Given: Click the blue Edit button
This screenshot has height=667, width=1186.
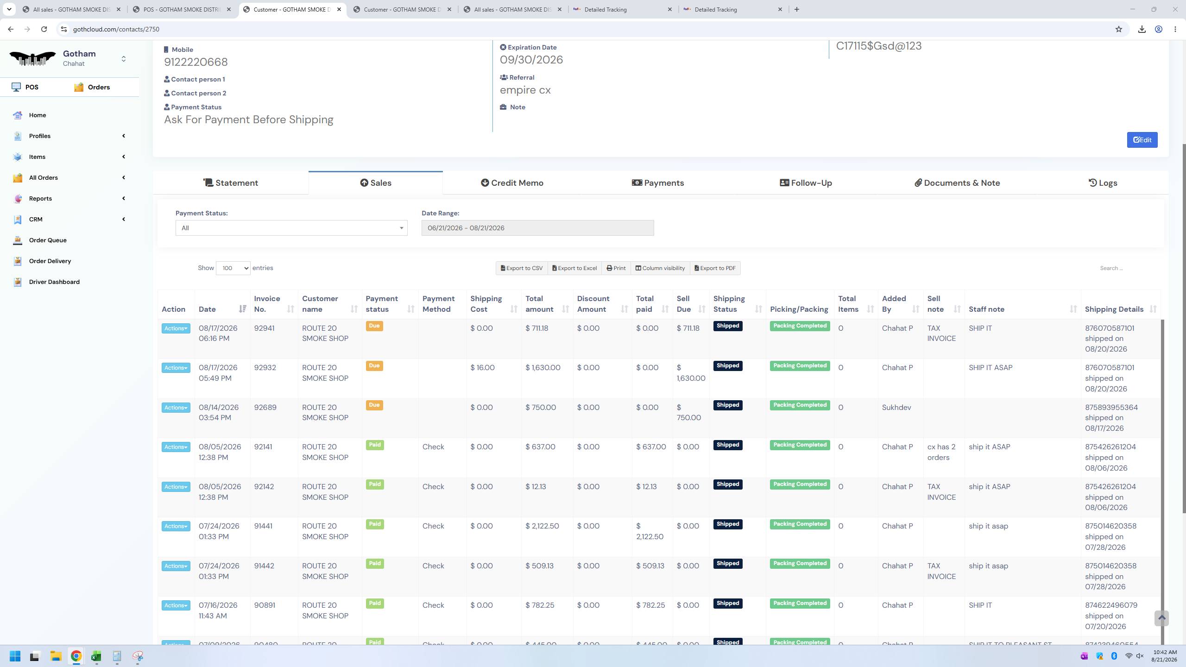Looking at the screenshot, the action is pos(1142,140).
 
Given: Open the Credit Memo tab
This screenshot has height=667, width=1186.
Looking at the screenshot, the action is pos(512,183).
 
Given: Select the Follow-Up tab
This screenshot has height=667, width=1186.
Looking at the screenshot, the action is pos(806,183).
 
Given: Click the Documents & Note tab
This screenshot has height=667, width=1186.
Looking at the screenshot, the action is pos(957,183).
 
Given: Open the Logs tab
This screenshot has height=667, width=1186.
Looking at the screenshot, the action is pos(1103,183).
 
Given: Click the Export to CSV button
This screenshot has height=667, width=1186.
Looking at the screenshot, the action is pos(522,268).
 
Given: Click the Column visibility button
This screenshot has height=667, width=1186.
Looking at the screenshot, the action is pos(660,268).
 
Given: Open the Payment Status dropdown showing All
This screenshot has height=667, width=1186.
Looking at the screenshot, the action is pos(291,228).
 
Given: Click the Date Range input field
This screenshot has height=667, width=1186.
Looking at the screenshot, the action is pos(537,228).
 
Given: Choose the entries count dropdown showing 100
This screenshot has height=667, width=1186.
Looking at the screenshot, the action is pos(233,268).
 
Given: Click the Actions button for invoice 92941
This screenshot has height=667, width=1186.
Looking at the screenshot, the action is pos(176,328).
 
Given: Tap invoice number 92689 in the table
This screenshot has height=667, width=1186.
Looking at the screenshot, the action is pos(265,408).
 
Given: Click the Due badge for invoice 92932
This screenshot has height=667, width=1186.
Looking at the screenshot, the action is pos(374,366).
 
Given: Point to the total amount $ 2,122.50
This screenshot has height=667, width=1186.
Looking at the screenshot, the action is pos(542,526).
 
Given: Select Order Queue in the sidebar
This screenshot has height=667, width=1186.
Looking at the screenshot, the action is pos(48,240).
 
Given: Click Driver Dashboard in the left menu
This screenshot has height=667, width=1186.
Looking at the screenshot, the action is pos(54,282).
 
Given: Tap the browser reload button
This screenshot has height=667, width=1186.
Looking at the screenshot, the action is pos(44,29).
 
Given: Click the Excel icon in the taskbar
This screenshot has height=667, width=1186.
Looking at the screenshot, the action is pos(96,656).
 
